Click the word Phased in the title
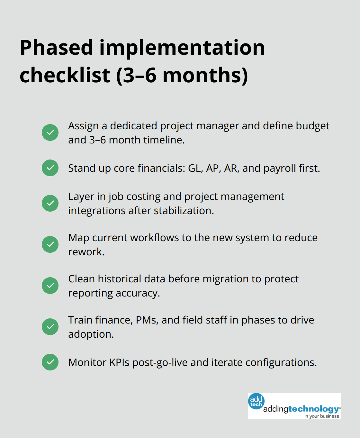pyautogui.click(x=57, y=48)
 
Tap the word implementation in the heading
pyautogui.click(x=182, y=48)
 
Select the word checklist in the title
pyautogui.click(x=65, y=75)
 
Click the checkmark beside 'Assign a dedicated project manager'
pyautogui.click(x=50, y=132)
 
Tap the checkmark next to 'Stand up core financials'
pyautogui.click(x=50, y=168)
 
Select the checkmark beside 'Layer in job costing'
pyautogui.click(x=50, y=203)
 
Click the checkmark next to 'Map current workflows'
pyautogui.click(x=50, y=244)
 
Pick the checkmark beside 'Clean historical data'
pyautogui.click(x=50, y=286)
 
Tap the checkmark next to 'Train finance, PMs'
pyautogui.click(x=50, y=327)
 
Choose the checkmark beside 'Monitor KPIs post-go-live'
pyautogui.click(x=50, y=362)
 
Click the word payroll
pyautogui.click(x=280, y=168)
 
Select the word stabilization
pyautogui.click(x=184, y=211)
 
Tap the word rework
pyautogui.click(x=86, y=252)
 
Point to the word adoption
pyautogui.click(x=91, y=334)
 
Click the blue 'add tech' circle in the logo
pyautogui.click(x=256, y=401)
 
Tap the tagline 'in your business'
pyautogui.click(x=322, y=416)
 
